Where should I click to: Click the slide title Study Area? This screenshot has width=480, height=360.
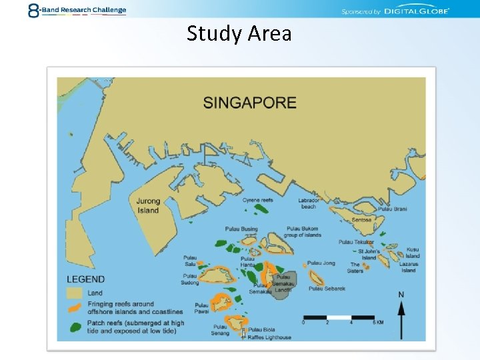pos(239,33)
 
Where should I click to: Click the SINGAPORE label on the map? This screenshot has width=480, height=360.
pos(249,103)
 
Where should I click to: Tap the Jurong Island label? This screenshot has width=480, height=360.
pos(148,205)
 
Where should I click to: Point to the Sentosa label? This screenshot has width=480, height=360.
pos(361,219)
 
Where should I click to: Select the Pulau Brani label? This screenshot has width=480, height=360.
pos(392,209)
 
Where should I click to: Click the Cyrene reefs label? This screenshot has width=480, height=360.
pos(257,200)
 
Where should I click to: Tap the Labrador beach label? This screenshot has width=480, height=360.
pos(309,203)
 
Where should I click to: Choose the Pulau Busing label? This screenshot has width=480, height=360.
pos(241,229)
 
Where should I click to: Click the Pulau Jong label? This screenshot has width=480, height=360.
pos(321,263)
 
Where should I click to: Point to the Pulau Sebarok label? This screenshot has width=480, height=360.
pos(326,289)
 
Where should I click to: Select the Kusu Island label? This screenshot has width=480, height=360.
pos(413,253)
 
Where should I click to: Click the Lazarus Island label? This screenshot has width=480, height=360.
pos(409,267)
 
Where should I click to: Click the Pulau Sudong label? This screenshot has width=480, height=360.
pos(190,279)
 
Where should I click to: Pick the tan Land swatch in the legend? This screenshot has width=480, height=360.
pos(75,293)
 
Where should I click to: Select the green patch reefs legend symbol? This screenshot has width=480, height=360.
pos(75,327)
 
